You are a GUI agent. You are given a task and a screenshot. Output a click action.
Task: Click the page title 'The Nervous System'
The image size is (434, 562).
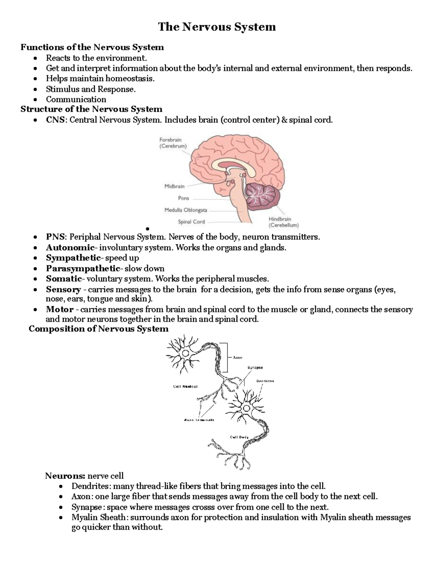[217, 27]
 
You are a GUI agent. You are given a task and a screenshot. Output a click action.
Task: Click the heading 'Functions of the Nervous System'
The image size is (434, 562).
[92, 47]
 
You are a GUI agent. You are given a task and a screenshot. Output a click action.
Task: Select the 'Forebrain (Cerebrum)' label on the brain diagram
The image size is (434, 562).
[173, 143]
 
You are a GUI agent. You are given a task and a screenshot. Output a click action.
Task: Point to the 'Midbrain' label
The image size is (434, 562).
[174, 186]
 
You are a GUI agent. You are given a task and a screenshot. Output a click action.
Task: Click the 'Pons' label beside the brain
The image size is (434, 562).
[183, 198]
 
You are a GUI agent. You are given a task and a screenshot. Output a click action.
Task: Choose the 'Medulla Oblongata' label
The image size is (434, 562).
[186, 210]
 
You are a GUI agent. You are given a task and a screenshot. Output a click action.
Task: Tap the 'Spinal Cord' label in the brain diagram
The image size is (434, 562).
[191, 222]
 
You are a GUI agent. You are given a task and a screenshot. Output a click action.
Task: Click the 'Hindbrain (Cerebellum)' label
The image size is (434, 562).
[283, 222]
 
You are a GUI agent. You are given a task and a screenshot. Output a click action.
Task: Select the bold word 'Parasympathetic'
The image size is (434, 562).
[82, 269]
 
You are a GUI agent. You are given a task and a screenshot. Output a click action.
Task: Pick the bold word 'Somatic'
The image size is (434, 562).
[64, 279]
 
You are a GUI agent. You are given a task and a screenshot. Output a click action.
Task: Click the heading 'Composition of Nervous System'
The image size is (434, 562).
[98, 329]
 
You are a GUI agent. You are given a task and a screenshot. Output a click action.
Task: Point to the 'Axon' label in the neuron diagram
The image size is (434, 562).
[237, 358]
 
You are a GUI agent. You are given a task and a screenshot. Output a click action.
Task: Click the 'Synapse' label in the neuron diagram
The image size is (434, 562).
[255, 368]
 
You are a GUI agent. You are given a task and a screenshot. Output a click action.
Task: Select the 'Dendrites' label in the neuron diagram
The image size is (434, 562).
[265, 381]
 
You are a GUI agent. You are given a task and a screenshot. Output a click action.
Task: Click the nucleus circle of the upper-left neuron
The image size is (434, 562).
[186, 354]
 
